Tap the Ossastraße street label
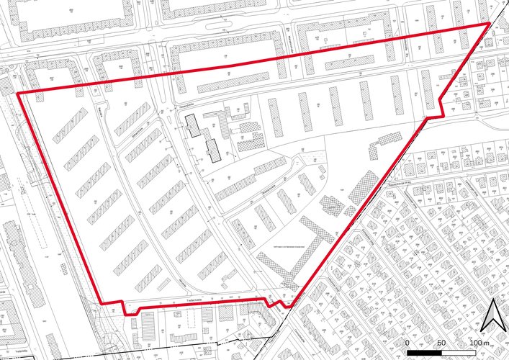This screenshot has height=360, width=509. point(189,107)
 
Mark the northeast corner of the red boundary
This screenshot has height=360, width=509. point(490,24)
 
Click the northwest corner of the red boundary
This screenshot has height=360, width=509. point(17,93)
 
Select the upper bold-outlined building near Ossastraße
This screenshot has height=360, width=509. point(194,124)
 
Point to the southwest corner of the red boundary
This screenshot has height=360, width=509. point(99,302)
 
